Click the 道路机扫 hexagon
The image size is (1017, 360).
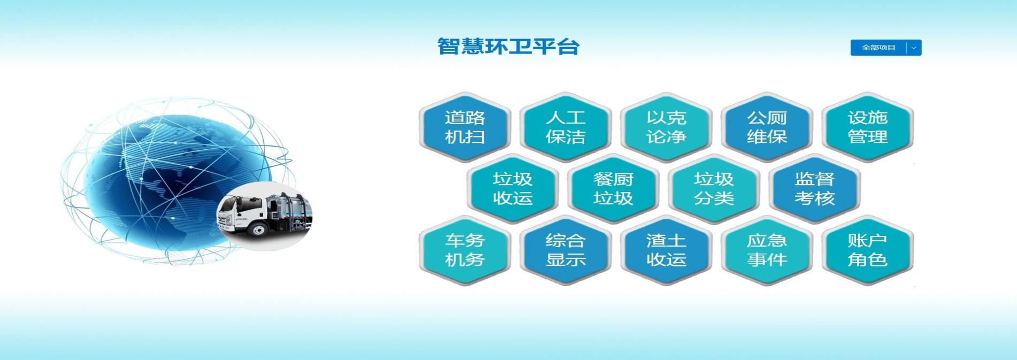pos(464,127)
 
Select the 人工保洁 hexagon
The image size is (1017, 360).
pos(565,127)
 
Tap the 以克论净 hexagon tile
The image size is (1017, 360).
pos(666,127)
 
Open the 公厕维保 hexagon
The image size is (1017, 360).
pos(767,127)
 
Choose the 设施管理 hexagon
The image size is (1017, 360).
pos(867,127)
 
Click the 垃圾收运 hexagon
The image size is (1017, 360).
pos(513,188)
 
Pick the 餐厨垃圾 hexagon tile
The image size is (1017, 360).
pos(613,188)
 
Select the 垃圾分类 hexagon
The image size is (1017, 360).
pos(714,188)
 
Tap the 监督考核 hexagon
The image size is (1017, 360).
pos(814,188)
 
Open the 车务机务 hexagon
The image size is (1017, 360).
pos(464,250)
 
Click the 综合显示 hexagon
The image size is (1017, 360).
pos(565,250)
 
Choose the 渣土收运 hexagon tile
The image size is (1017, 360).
pos(666,250)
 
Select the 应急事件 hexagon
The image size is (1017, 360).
pos(767,250)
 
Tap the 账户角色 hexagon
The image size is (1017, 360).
pos(867,250)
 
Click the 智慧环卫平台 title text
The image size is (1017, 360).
pos(508,47)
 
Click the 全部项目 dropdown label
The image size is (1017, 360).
pos(878,48)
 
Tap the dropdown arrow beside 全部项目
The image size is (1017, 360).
pos(914,48)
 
